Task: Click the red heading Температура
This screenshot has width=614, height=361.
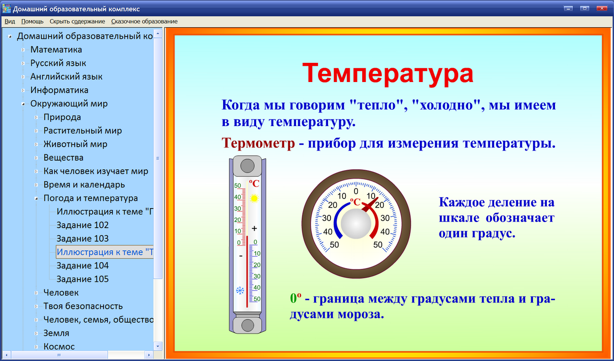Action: pyautogui.click(x=388, y=73)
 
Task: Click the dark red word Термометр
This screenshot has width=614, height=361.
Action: pyautogui.click(x=258, y=143)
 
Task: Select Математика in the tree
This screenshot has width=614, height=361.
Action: pyautogui.click(x=56, y=50)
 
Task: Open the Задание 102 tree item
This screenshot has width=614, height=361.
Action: pyautogui.click(x=83, y=225)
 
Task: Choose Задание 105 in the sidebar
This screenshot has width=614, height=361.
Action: pyautogui.click(x=83, y=279)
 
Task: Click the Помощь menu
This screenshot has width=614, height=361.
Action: pyautogui.click(x=32, y=21)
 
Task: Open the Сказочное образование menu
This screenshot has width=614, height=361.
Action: pyautogui.click(x=144, y=21)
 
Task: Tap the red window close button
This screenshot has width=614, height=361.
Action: pyautogui.click(x=601, y=8)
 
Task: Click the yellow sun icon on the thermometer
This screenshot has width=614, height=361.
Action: pyautogui.click(x=254, y=198)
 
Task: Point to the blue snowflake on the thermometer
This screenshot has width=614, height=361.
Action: pyautogui.click(x=239, y=291)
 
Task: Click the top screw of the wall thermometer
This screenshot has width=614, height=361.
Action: pyautogui.click(x=248, y=166)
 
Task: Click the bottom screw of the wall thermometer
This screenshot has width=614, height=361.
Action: pyautogui.click(x=248, y=325)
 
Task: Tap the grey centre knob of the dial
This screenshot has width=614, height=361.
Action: pyautogui.click(x=355, y=224)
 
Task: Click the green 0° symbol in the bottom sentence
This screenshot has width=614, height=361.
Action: pyautogui.click(x=295, y=299)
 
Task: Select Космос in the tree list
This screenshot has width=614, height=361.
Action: pyautogui.click(x=59, y=347)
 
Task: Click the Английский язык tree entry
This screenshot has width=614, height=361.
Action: pyautogui.click(x=66, y=77)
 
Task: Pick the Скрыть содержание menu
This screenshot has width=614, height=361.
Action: pyautogui.click(x=77, y=21)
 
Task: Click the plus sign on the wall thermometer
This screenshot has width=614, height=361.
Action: pyautogui.click(x=254, y=228)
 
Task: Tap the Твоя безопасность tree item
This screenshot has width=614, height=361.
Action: pyautogui.click(x=83, y=306)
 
